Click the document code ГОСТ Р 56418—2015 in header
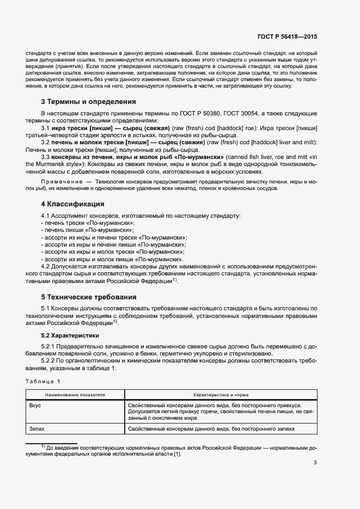tap(287, 37)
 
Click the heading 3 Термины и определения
tap(88, 102)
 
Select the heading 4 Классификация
tap(72, 204)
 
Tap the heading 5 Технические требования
tap(88, 297)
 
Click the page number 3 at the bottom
tap(315, 463)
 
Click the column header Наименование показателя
tap(75, 394)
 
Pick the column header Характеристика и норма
tap(221, 394)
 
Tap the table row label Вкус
tap(35, 406)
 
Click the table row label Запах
tap(38, 429)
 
